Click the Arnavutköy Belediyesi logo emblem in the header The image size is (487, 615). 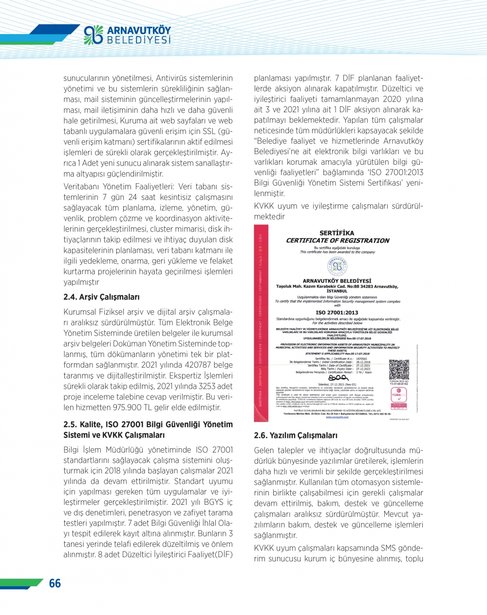coord(94,35)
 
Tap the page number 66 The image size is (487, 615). coord(55,583)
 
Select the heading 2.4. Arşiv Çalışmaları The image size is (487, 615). coord(101,297)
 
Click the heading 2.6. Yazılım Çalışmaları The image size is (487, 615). coord(296,436)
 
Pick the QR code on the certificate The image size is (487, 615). coord(399,370)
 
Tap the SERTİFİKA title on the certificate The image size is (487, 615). coord(337,233)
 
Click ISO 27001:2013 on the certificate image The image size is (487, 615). coord(337,313)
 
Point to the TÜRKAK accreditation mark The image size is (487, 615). coord(399,396)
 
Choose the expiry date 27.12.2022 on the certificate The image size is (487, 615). coord(363,369)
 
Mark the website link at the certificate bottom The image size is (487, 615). coord(337,417)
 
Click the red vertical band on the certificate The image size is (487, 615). coord(261,322)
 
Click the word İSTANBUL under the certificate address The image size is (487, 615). coord(337,291)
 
